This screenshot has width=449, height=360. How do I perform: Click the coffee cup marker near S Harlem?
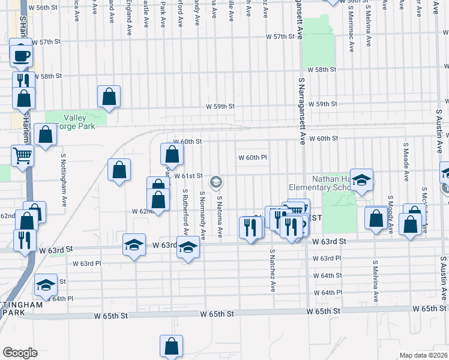(x=21, y=56)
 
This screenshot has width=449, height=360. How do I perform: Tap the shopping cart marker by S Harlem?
(x=22, y=155)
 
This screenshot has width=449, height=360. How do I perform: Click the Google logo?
(x=20, y=353)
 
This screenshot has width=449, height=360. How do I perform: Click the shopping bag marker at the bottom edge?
(x=171, y=346)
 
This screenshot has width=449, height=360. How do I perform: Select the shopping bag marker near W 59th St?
(x=109, y=96)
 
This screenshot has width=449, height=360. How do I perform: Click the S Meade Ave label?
(x=406, y=162)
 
